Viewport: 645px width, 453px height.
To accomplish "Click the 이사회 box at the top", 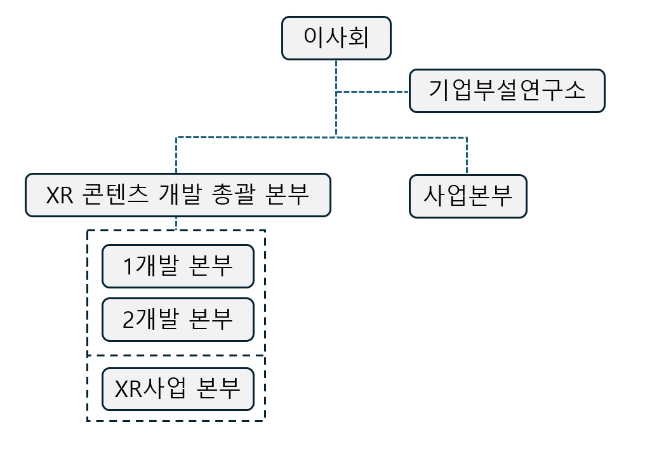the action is coord(336,38).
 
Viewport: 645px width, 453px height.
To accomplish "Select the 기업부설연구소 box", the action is coord(507,91).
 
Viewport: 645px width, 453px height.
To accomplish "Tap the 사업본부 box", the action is coord(468,196).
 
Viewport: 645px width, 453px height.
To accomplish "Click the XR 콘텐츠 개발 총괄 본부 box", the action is coord(178,195).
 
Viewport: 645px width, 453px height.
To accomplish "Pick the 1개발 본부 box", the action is coord(178,266).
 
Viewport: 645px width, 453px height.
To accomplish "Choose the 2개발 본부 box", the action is coord(178,319).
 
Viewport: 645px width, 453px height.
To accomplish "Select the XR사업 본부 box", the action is coord(178,388).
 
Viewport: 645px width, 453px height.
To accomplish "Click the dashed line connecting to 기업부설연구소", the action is coord(373,92).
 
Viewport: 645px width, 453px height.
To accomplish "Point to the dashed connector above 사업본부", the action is coord(467,156).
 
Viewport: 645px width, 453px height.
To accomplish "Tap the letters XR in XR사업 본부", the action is coord(129,388).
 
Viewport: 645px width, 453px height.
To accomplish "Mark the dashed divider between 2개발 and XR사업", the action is coord(176,355).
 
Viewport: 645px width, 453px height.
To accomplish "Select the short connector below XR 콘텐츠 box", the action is coord(176,223).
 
